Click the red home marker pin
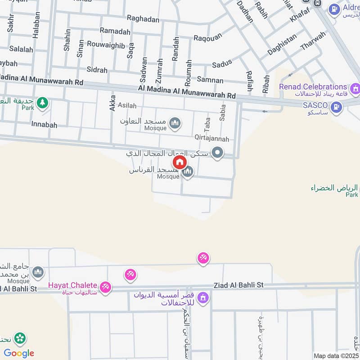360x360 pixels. (179, 162)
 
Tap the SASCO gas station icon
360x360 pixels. (336, 107)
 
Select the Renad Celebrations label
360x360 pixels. (313, 87)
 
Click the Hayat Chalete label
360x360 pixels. (73, 285)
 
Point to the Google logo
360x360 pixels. (19, 353)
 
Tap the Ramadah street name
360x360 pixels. (115, 31)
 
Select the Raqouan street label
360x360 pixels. (208, 38)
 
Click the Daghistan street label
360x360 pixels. (282, 45)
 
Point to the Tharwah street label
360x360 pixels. (312, 41)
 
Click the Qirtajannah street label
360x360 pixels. (211, 139)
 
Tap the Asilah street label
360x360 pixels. (126, 105)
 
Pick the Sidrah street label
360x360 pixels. (97, 70)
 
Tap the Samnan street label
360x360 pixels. (210, 81)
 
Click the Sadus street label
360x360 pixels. (222, 64)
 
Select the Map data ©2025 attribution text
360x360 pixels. (336, 355)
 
